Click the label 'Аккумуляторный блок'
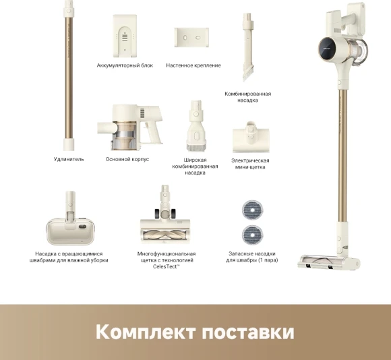[125, 65]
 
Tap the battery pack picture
[125, 36]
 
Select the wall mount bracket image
[191, 37]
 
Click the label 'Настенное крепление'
[193, 65]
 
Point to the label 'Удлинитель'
[69, 159]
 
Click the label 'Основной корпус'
[127, 159]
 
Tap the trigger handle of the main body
[152, 131]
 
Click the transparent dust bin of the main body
[125, 136]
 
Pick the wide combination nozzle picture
[196, 126]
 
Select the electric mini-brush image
[251, 137]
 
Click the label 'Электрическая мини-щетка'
[250, 164]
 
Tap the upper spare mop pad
[252, 210]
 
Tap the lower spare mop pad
[252, 235]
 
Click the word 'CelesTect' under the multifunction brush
[165, 266]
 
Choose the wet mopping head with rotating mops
[70, 218]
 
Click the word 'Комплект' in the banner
[146, 332]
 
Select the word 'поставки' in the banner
[248, 332]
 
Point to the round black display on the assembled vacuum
[328, 48]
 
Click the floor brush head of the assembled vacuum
[329, 262]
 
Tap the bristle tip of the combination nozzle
[247, 75]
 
